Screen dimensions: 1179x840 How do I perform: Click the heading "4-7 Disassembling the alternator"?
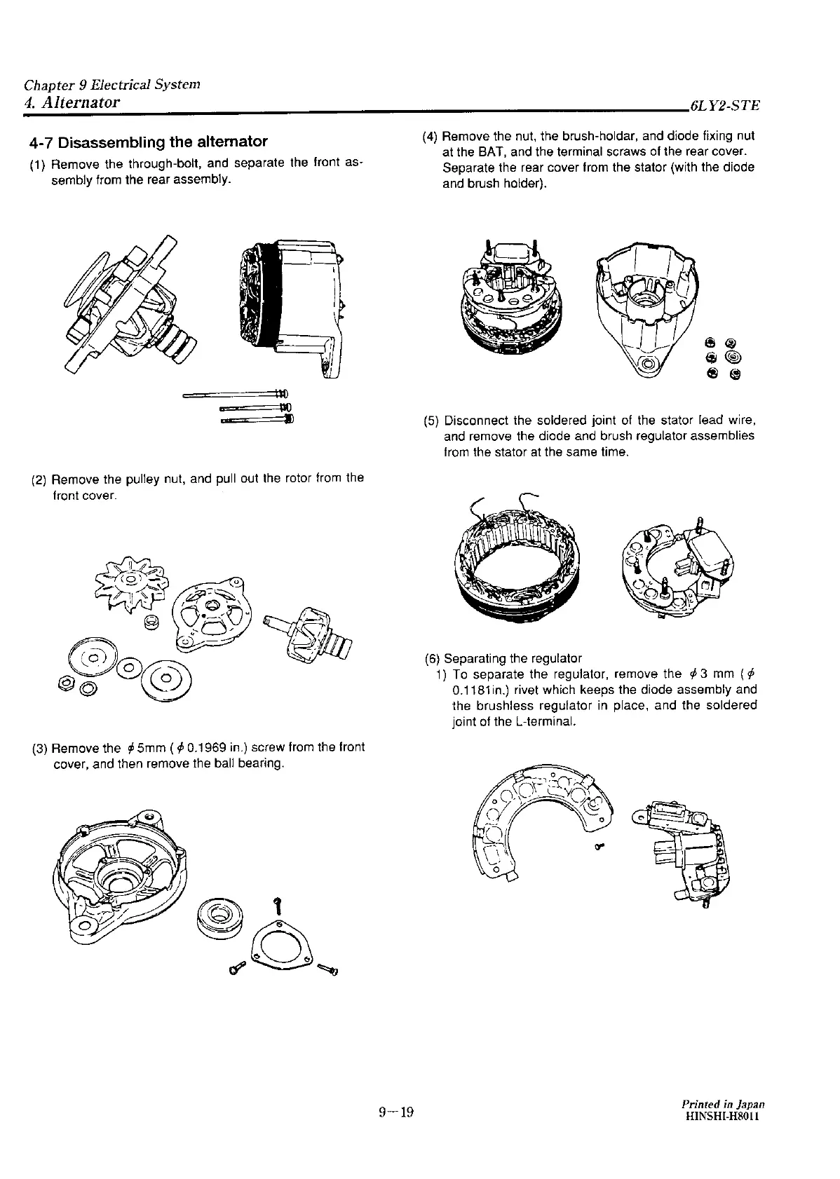(149, 142)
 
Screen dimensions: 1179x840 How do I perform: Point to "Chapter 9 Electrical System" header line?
(112, 85)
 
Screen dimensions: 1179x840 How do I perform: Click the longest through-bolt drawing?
(235, 393)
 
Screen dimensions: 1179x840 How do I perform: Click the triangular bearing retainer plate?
(281, 948)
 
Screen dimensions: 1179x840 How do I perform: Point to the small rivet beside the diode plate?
(599, 846)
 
